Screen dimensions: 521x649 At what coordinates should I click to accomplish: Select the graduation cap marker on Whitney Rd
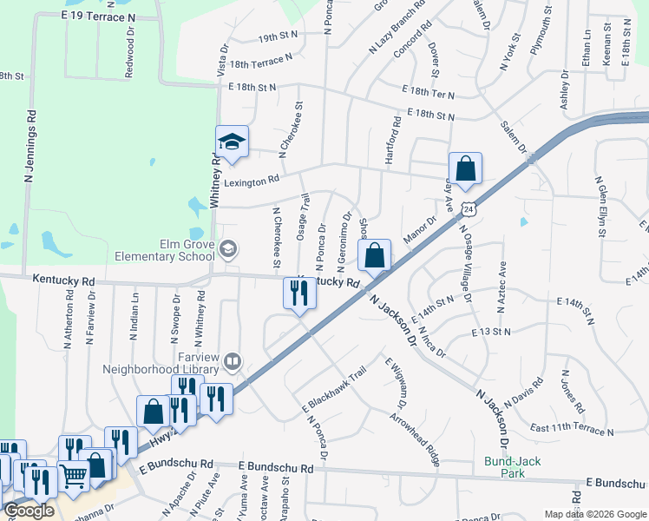click(232, 142)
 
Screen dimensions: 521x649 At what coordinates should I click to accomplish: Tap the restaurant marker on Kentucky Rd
click(299, 293)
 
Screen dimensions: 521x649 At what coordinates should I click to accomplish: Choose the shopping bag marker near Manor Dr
click(375, 256)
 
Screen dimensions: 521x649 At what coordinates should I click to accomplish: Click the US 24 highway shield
click(469, 209)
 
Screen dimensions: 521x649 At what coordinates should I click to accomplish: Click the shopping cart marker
click(73, 477)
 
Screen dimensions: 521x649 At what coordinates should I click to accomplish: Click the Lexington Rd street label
click(252, 181)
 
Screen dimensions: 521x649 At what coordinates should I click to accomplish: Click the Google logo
click(29, 511)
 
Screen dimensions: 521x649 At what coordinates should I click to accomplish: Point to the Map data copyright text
click(594, 514)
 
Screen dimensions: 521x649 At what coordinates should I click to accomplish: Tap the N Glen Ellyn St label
click(600, 206)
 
